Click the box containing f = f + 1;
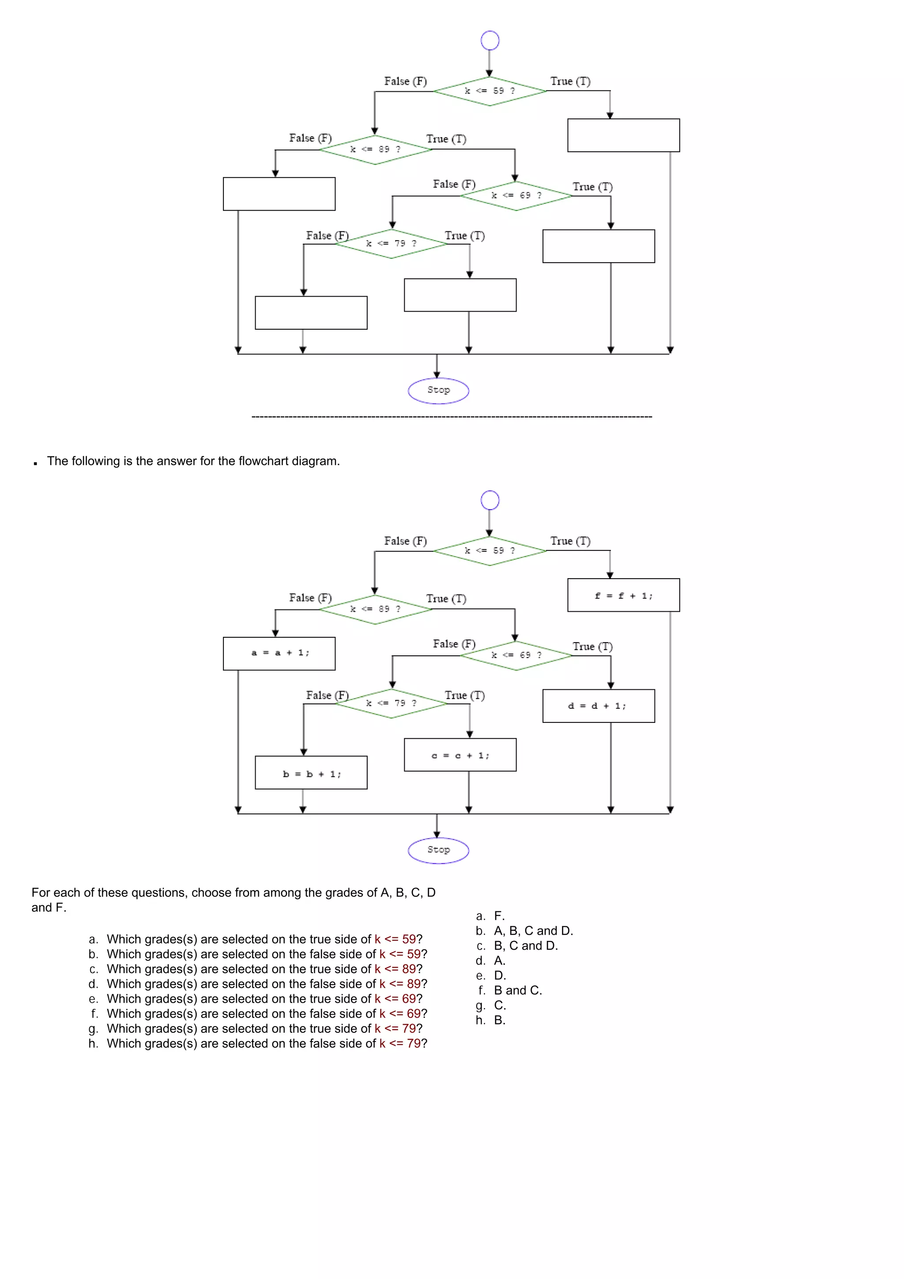(x=623, y=595)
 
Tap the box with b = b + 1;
(x=311, y=773)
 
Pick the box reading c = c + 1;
(x=460, y=755)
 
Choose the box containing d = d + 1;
(x=598, y=706)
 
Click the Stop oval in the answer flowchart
(x=438, y=850)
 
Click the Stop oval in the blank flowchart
(x=438, y=391)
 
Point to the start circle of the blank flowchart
(x=490, y=41)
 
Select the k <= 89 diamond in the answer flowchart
(x=375, y=609)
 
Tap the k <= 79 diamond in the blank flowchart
(x=391, y=244)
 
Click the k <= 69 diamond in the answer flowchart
(x=516, y=655)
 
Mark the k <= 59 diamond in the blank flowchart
(x=490, y=91)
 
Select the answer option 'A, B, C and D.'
(x=533, y=930)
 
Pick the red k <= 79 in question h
(x=399, y=1043)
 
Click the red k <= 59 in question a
(x=395, y=939)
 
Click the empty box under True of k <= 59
(x=623, y=135)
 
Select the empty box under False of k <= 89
(x=279, y=194)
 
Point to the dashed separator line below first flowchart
(x=451, y=417)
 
